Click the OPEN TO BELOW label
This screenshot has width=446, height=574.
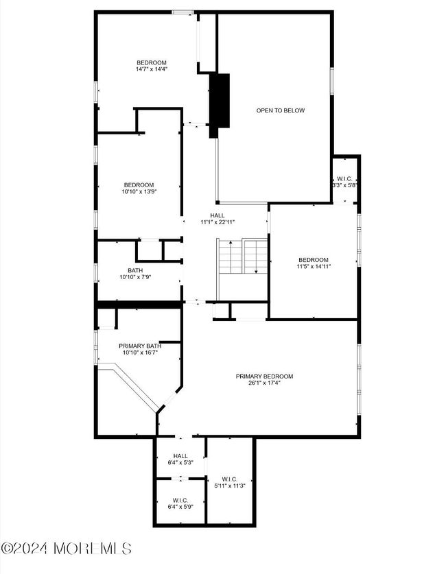pyautogui.click(x=280, y=110)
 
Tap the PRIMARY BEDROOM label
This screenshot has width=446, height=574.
pyautogui.click(x=264, y=376)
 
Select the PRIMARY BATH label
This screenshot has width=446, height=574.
pyautogui.click(x=140, y=346)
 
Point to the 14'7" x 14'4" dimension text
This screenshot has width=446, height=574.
pyautogui.click(x=152, y=69)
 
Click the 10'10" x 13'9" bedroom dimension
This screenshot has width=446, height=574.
pyautogui.click(x=139, y=191)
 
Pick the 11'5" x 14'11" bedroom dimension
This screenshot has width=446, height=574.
pyautogui.click(x=314, y=267)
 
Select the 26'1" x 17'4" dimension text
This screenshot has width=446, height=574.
pyautogui.click(x=264, y=383)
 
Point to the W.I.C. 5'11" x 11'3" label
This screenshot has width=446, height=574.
pyautogui.click(x=230, y=483)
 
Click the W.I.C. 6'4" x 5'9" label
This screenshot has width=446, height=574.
pyautogui.click(x=180, y=504)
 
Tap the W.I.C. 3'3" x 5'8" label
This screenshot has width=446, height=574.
pyautogui.click(x=344, y=182)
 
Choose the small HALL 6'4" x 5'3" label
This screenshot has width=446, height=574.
pyautogui.click(x=180, y=459)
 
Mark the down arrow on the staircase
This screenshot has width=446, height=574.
pyautogui.click(x=256, y=257)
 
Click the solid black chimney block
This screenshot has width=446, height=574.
pyautogui.click(x=220, y=106)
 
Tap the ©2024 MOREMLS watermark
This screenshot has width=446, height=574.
pyautogui.click(x=67, y=549)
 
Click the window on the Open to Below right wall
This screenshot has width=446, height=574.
pyautogui.click(x=332, y=81)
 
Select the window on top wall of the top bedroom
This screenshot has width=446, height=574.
pyautogui.click(x=183, y=12)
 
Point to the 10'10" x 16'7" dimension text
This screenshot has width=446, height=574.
pyautogui.click(x=140, y=353)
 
